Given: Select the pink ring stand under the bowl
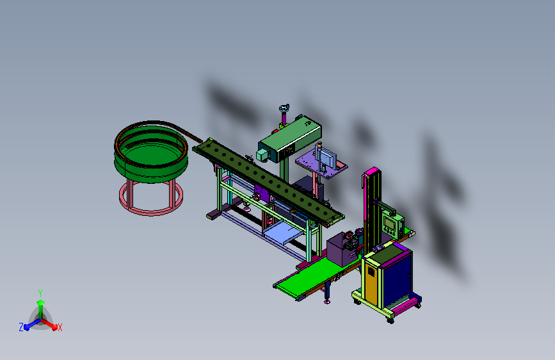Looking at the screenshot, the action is [151, 211].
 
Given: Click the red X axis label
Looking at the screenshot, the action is [60, 328].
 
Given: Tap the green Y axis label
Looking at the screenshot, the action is [40, 293].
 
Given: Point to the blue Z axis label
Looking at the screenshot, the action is [21, 327].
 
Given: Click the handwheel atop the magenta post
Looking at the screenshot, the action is [284, 108].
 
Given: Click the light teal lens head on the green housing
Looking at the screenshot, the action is [262, 155].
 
